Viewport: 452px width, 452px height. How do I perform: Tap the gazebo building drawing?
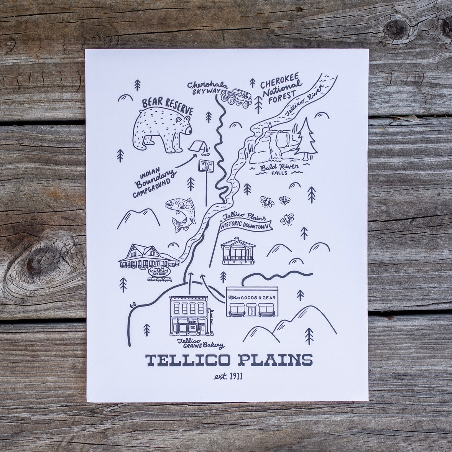[238, 251]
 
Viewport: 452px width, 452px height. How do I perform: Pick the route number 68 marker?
[133, 305]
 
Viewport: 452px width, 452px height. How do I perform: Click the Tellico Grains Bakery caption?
[199, 344]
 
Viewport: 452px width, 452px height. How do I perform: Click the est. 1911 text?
[228, 376]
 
